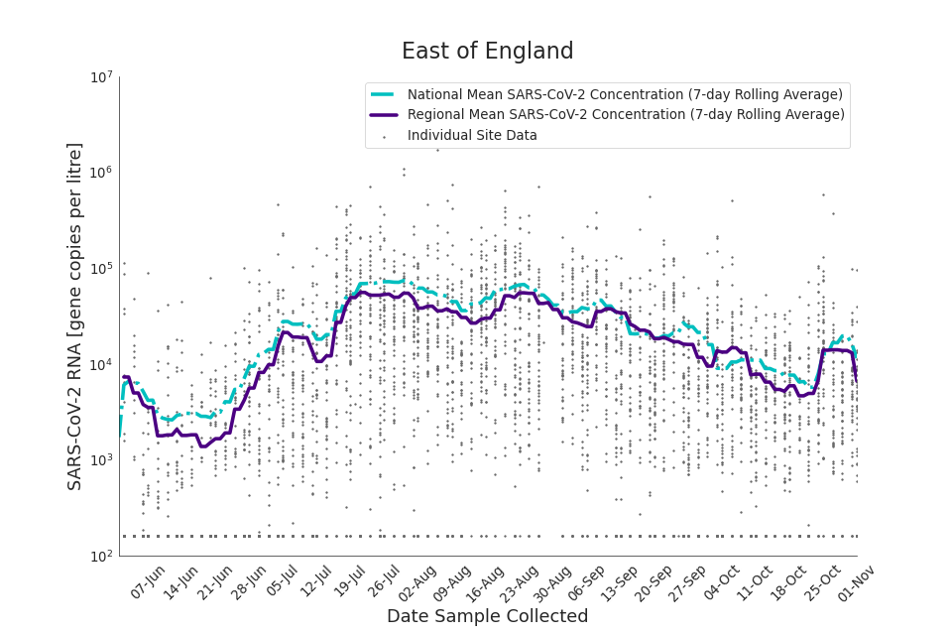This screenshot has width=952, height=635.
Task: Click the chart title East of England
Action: (x=487, y=52)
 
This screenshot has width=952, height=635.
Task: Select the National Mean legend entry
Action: (x=625, y=94)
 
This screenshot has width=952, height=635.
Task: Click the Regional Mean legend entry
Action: (x=626, y=114)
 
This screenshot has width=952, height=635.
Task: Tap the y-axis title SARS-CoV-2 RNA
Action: (x=75, y=316)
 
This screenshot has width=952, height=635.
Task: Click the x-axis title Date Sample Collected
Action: (x=487, y=616)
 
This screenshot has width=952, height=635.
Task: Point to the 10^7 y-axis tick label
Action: (x=101, y=77)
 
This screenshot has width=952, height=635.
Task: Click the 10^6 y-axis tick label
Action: (x=101, y=173)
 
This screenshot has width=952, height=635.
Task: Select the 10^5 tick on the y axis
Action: (x=101, y=269)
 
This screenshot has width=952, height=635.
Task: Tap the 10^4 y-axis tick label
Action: (x=101, y=364)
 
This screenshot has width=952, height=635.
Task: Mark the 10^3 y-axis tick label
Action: (x=101, y=460)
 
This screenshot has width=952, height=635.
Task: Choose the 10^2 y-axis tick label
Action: (x=101, y=556)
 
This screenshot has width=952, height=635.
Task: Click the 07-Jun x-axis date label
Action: (x=148, y=581)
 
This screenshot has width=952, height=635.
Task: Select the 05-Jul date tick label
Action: (x=281, y=581)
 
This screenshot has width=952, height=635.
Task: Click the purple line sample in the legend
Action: (x=383, y=114)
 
